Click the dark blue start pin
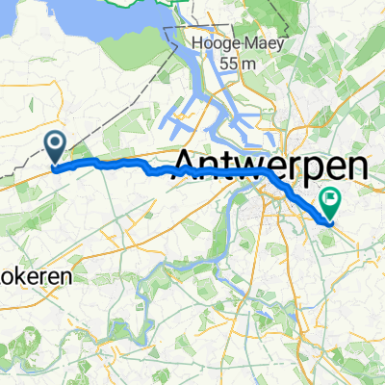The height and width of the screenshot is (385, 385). coord(55,148)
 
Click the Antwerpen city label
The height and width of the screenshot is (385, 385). coord(272,166)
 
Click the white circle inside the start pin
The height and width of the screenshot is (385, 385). coord(55,144)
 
